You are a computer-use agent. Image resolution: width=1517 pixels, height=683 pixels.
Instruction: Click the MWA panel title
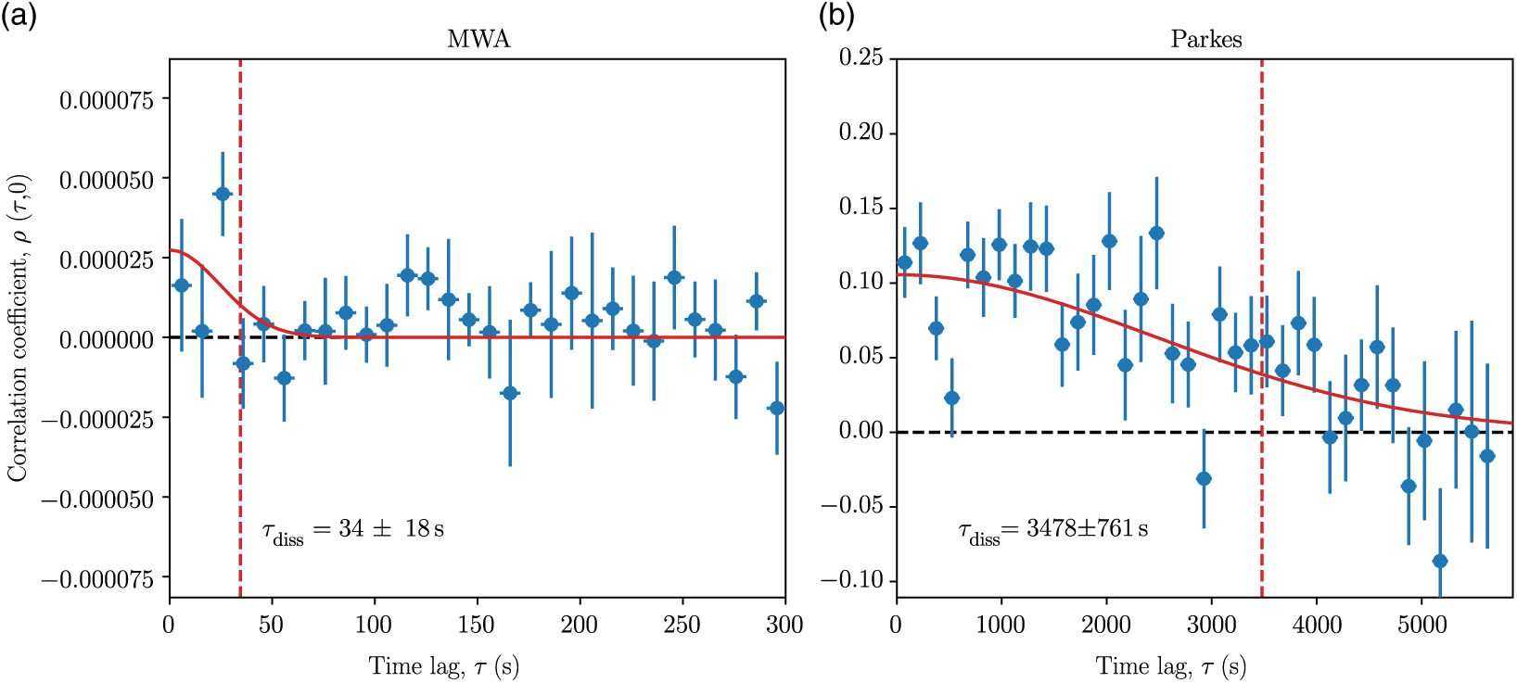pyautogui.click(x=478, y=39)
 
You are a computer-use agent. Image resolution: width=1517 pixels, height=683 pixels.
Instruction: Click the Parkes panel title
pyautogui.click(x=1205, y=39)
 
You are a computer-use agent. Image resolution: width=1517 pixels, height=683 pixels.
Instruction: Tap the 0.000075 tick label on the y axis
pyautogui.click(x=107, y=99)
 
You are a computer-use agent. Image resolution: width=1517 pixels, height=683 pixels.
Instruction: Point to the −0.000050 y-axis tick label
pyautogui.click(x=98, y=500)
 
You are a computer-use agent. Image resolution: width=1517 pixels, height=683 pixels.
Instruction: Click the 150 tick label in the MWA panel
pyautogui.click(x=477, y=625)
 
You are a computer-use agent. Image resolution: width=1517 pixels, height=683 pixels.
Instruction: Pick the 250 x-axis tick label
pyautogui.click(x=682, y=625)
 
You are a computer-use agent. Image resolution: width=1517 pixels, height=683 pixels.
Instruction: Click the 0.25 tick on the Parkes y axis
pyautogui.click(x=861, y=57)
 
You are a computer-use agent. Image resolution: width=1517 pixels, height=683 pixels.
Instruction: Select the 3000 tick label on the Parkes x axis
pyautogui.click(x=1211, y=625)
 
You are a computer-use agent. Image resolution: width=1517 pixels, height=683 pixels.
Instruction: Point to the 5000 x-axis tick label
pyautogui.click(x=1421, y=625)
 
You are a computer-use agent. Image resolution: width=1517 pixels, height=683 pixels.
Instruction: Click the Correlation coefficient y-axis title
pyautogui.click(x=18, y=328)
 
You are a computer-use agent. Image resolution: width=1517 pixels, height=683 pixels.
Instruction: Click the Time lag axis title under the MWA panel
pyautogui.click(x=444, y=665)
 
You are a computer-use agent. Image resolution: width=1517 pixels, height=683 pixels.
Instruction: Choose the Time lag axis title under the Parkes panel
pyautogui.click(x=1171, y=665)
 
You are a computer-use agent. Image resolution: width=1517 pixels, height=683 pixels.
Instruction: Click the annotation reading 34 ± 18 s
pyautogui.click(x=352, y=530)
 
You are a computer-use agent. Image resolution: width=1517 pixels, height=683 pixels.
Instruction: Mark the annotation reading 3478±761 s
pyautogui.click(x=1052, y=530)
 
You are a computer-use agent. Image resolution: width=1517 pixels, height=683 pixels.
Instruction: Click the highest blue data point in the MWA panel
pyautogui.click(x=223, y=194)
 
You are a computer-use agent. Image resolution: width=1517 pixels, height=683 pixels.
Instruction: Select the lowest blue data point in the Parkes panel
pyautogui.click(x=1440, y=561)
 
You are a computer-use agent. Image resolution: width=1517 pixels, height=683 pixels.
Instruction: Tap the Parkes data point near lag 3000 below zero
pyautogui.click(x=1204, y=478)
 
